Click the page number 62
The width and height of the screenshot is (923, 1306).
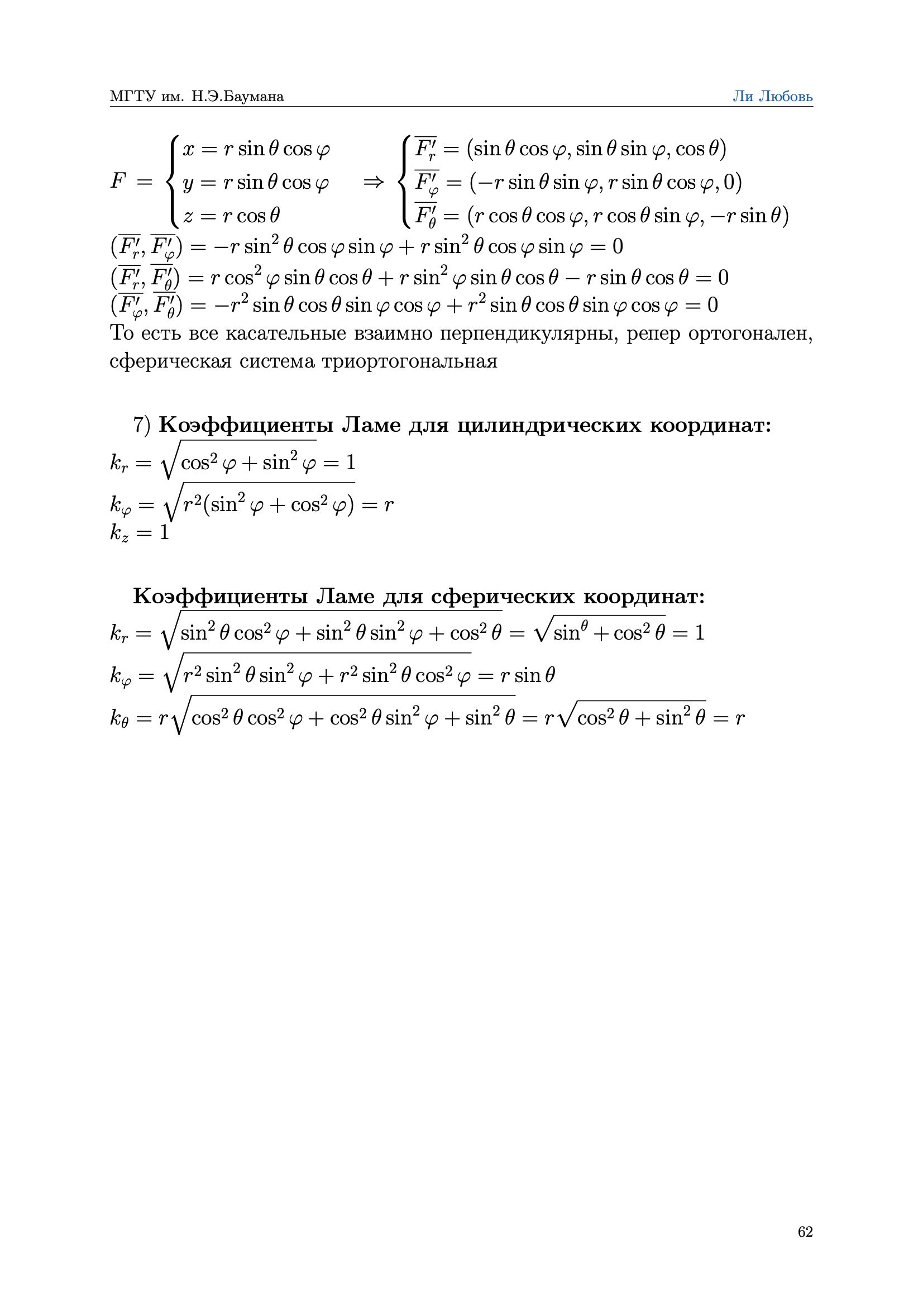point(805,1232)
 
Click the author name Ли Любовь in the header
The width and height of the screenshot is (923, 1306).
point(772,96)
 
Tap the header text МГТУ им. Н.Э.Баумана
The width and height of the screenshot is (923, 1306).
point(197,96)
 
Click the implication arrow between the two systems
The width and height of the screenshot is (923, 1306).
point(373,182)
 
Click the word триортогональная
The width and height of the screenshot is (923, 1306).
point(409,361)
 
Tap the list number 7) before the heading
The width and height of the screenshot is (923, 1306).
point(142,425)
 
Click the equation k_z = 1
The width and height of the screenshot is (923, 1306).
point(140,533)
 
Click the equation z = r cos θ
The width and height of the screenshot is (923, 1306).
point(232,216)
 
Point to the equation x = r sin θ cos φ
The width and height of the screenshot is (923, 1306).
point(256,149)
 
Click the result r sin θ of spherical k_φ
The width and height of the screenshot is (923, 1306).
point(527,675)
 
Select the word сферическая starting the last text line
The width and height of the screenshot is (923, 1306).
point(170,361)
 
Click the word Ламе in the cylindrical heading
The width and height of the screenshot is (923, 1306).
point(371,425)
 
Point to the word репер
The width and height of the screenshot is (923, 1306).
point(653,334)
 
